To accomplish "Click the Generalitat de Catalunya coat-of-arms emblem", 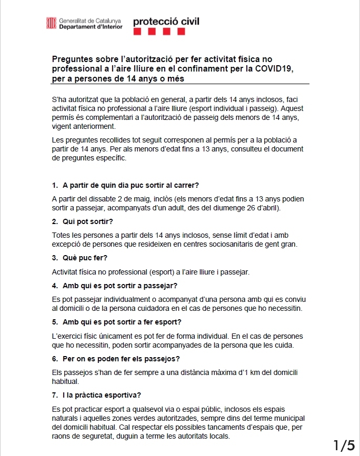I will [52, 23].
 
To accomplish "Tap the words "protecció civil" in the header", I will [166, 22].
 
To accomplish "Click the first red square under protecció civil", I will [137, 32].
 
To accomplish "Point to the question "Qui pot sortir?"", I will [84, 221].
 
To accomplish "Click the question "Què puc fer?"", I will [85, 258].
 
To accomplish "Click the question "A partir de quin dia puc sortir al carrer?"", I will [130, 185].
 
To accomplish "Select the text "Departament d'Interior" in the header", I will [91, 26].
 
